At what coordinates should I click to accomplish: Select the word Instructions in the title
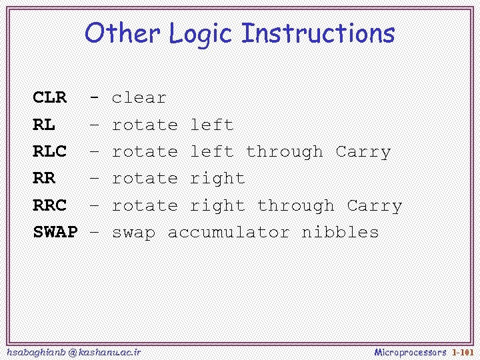318,33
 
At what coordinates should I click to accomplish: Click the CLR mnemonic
50,98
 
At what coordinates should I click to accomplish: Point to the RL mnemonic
44,125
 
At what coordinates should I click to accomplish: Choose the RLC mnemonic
50,152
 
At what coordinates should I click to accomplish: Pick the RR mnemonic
44,179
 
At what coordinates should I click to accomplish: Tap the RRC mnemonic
50,206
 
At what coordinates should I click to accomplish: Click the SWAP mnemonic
55,233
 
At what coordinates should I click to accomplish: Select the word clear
139,98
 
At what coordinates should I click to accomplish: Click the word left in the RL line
212,125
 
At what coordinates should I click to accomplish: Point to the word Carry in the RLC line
363,152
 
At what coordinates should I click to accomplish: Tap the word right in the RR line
217,179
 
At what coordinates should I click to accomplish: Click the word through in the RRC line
296,206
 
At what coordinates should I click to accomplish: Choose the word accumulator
229,233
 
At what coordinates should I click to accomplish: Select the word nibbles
340,233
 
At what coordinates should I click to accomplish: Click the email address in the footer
73,351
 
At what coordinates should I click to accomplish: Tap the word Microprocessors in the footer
410,351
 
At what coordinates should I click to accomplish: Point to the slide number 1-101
462,351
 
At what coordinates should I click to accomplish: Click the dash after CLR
95,98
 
